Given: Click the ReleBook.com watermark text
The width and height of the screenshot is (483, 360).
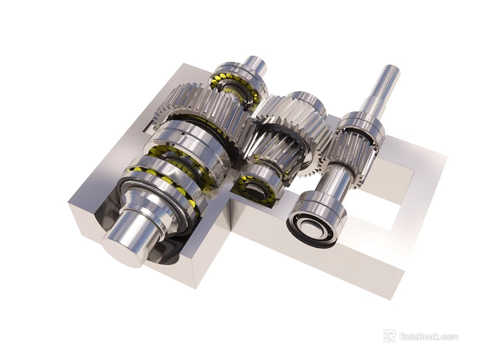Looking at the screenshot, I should (x=428, y=336).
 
